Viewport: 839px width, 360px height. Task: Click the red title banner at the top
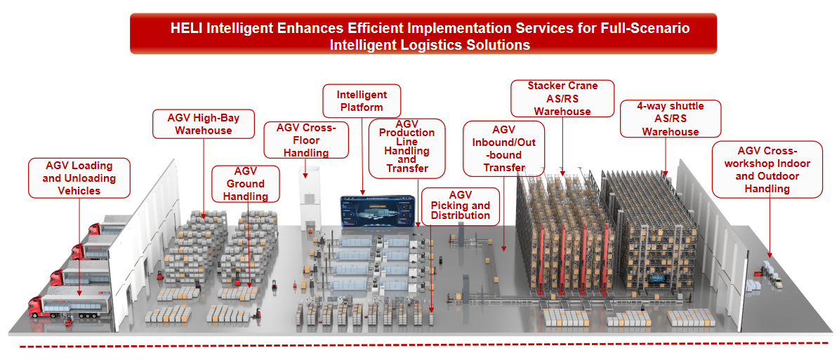423,34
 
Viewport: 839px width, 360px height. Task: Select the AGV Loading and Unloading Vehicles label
79,178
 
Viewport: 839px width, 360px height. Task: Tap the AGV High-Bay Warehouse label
204,124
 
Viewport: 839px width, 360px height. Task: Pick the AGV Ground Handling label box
246,184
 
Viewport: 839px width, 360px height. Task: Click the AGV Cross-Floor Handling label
307,140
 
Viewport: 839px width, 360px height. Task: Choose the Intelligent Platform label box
362,100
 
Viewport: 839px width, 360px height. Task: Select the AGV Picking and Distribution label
460,205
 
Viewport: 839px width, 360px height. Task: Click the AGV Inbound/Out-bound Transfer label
504,148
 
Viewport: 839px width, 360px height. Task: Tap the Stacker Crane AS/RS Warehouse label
562,98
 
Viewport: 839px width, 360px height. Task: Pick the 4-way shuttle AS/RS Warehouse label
670,119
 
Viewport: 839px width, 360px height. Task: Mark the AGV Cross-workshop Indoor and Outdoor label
767,169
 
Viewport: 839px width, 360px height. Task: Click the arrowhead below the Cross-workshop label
771,255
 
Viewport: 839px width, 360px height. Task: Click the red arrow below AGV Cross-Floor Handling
306,168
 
